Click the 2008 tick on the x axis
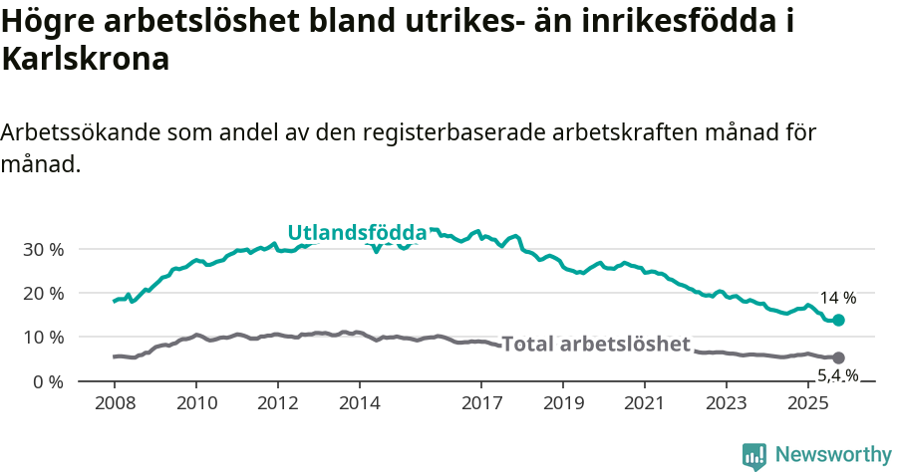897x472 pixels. click(x=115, y=403)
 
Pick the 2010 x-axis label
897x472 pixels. click(x=196, y=403)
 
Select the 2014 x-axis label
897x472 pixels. click(x=360, y=403)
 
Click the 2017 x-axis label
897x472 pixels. click(x=481, y=403)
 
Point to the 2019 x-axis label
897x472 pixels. click(x=563, y=403)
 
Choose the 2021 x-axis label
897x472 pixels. click(x=645, y=403)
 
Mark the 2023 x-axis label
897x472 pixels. click(x=726, y=403)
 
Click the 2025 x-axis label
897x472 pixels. click(x=807, y=403)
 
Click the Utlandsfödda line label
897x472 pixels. click(x=357, y=233)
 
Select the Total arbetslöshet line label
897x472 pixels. click(x=595, y=345)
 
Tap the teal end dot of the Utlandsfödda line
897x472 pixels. click(x=838, y=321)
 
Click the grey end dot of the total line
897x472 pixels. click(x=838, y=357)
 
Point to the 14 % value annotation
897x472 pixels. click(x=837, y=298)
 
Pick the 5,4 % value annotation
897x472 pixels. click(x=837, y=375)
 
